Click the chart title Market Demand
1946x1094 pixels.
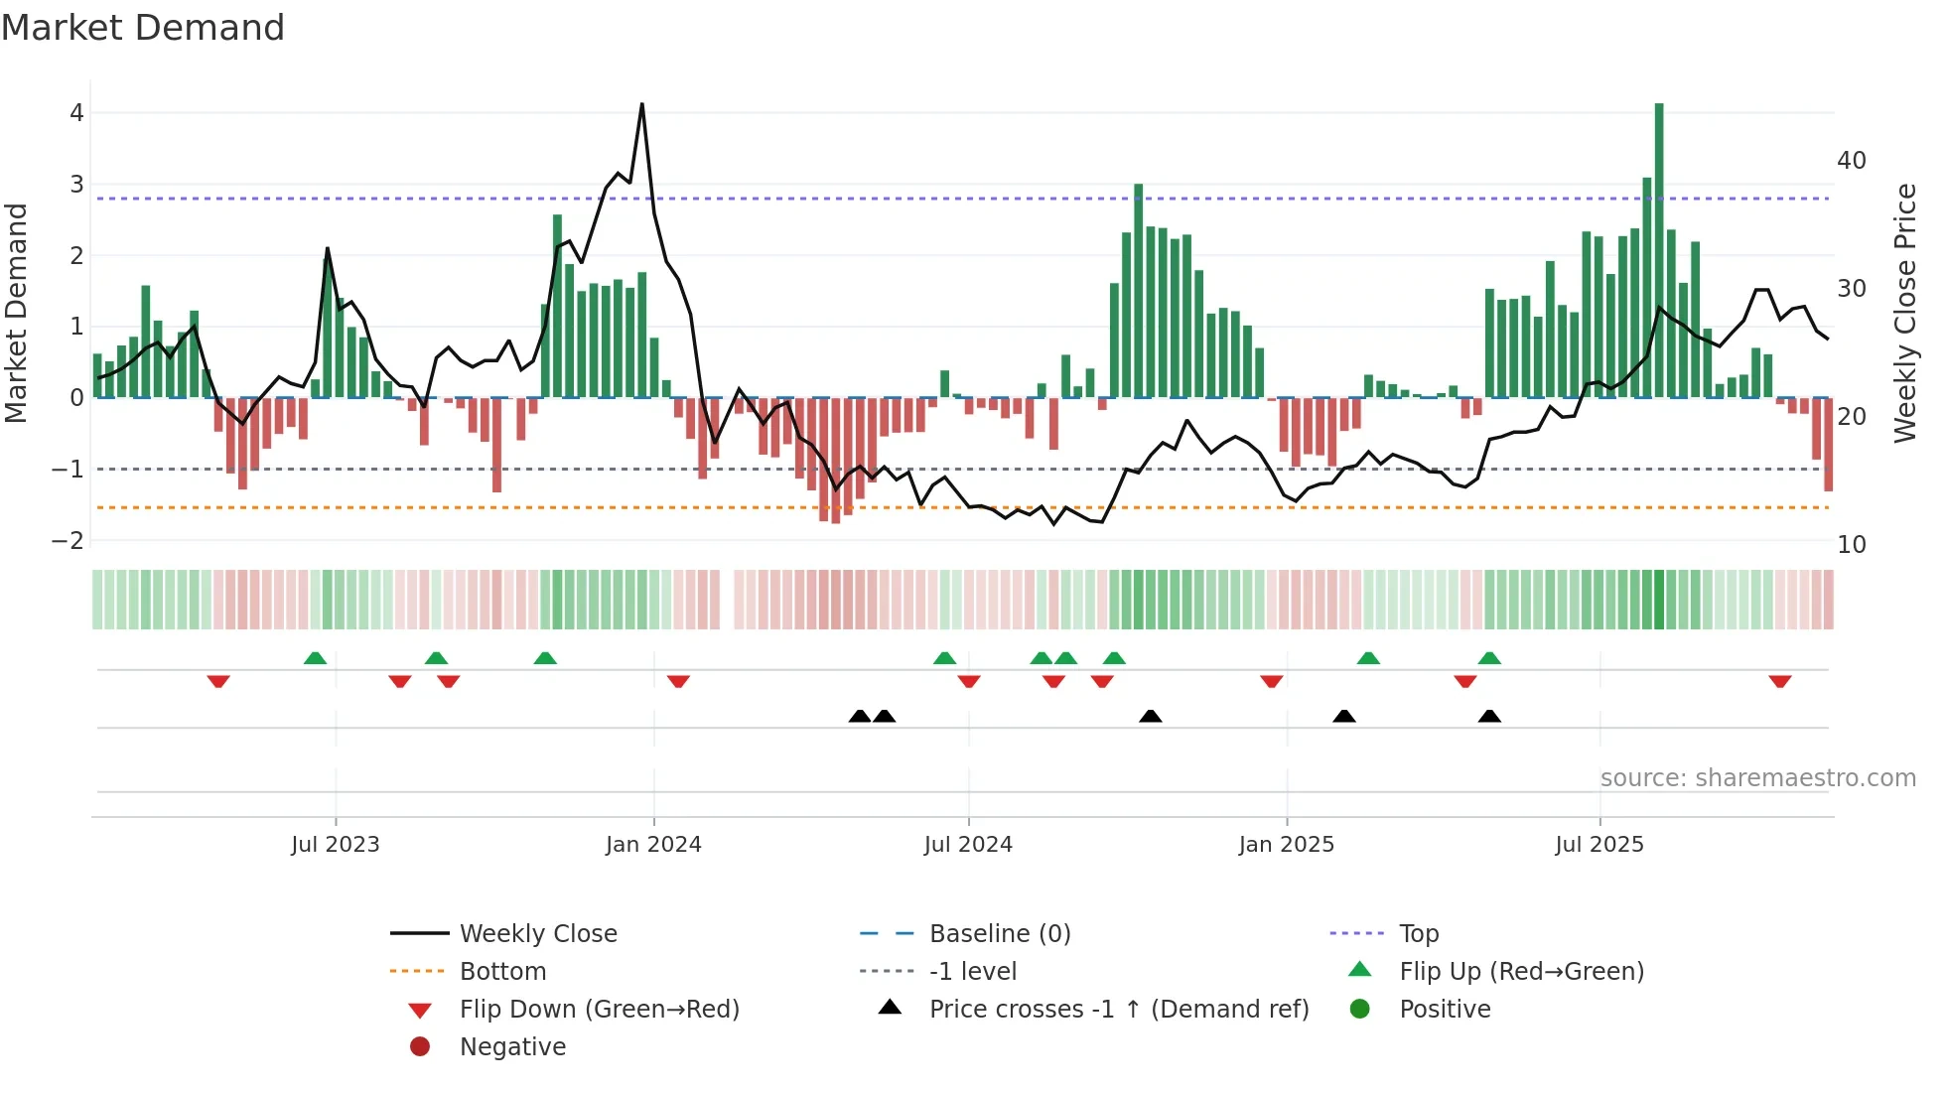143,28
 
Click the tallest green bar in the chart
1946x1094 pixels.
1659,248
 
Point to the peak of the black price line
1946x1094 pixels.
642,104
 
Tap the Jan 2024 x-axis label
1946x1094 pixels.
653,845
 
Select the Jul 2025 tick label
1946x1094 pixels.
1599,845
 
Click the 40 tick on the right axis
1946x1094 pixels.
1852,161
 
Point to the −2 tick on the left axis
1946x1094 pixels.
69,541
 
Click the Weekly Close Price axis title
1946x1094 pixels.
1904,313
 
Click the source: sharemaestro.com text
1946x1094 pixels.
1757,778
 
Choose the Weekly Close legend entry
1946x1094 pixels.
538,934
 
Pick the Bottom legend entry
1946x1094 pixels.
502,972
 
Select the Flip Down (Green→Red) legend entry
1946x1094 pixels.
599,1010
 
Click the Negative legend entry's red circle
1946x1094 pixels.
420,1047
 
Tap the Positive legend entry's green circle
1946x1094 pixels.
1360,1010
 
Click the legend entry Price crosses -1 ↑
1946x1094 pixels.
1118,1010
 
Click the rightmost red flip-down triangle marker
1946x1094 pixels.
1779,681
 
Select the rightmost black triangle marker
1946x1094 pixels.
1489,716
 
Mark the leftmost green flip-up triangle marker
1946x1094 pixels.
315,658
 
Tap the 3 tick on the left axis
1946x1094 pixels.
76,185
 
